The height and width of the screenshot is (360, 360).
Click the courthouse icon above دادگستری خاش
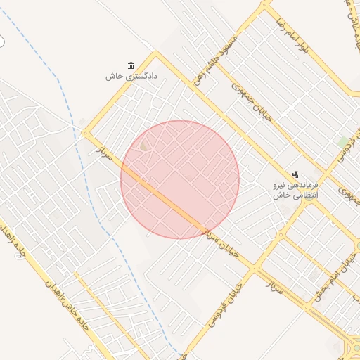[129, 65]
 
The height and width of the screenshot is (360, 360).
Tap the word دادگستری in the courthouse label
[141, 76]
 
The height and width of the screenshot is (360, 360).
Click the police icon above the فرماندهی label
[295, 174]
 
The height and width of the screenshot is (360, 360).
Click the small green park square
[344, 142]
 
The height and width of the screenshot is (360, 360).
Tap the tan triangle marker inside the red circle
[144, 146]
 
